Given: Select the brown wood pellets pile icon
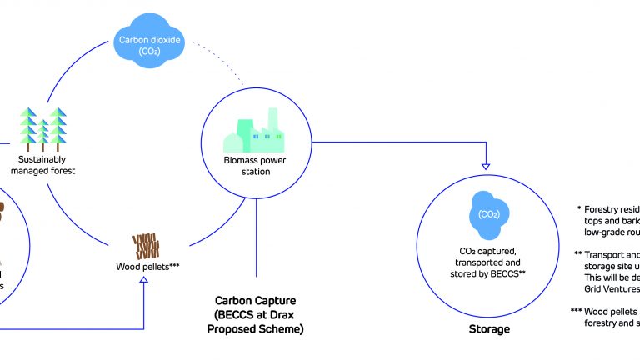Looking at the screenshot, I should [x=146, y=245].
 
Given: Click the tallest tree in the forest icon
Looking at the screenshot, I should [x=57, y=126].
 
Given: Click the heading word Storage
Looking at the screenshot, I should [x=489, y=329].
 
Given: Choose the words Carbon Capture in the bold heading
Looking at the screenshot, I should [x=255, y=300].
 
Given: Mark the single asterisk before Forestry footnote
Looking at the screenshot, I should [x=578, y=209].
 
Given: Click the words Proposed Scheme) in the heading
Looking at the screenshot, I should [x=255, y=329].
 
